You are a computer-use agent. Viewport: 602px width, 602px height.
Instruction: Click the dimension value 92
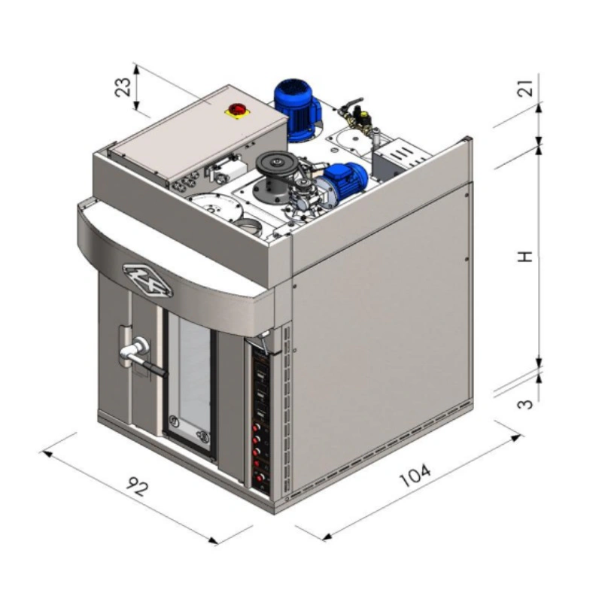pos(137,486)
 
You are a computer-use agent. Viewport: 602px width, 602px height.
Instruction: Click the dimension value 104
pos(415,475)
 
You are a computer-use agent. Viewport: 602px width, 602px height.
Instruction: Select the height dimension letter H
pos(524,257)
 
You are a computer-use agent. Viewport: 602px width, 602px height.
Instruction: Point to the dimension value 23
pos(123,87)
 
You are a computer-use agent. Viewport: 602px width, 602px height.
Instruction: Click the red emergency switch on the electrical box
pos(235,109)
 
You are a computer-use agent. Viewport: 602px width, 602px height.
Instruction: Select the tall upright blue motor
pos(296,110)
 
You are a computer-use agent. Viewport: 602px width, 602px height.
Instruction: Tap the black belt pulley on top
pos(275,164)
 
